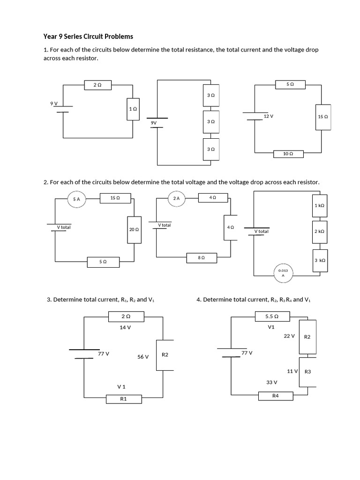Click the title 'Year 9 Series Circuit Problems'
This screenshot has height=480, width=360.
point(88,36)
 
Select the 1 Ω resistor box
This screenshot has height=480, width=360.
point(133,108)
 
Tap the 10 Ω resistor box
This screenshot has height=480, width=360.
point(288,153)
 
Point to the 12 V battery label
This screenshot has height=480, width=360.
point(268,115)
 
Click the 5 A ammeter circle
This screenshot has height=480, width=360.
point(77,199)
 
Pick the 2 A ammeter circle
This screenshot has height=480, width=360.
point(176,199)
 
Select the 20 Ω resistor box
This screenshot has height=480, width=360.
point(134,229)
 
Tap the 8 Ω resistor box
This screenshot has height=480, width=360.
point(201,257)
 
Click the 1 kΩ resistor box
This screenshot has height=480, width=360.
point(320,205)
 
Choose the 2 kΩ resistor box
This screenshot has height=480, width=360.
point(320,231)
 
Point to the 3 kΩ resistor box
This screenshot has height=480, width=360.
point(320,260)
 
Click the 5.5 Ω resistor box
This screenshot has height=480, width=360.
point(272,316)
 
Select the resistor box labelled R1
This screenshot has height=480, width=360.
point(124,399)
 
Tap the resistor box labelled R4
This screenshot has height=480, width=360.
point(276,396)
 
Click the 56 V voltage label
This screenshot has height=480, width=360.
point(143,357)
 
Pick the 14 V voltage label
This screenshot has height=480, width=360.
point(125,328)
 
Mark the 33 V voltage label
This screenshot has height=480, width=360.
point(271,382)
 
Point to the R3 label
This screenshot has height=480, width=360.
point(308,372)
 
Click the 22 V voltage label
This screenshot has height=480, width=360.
point(289,336)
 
